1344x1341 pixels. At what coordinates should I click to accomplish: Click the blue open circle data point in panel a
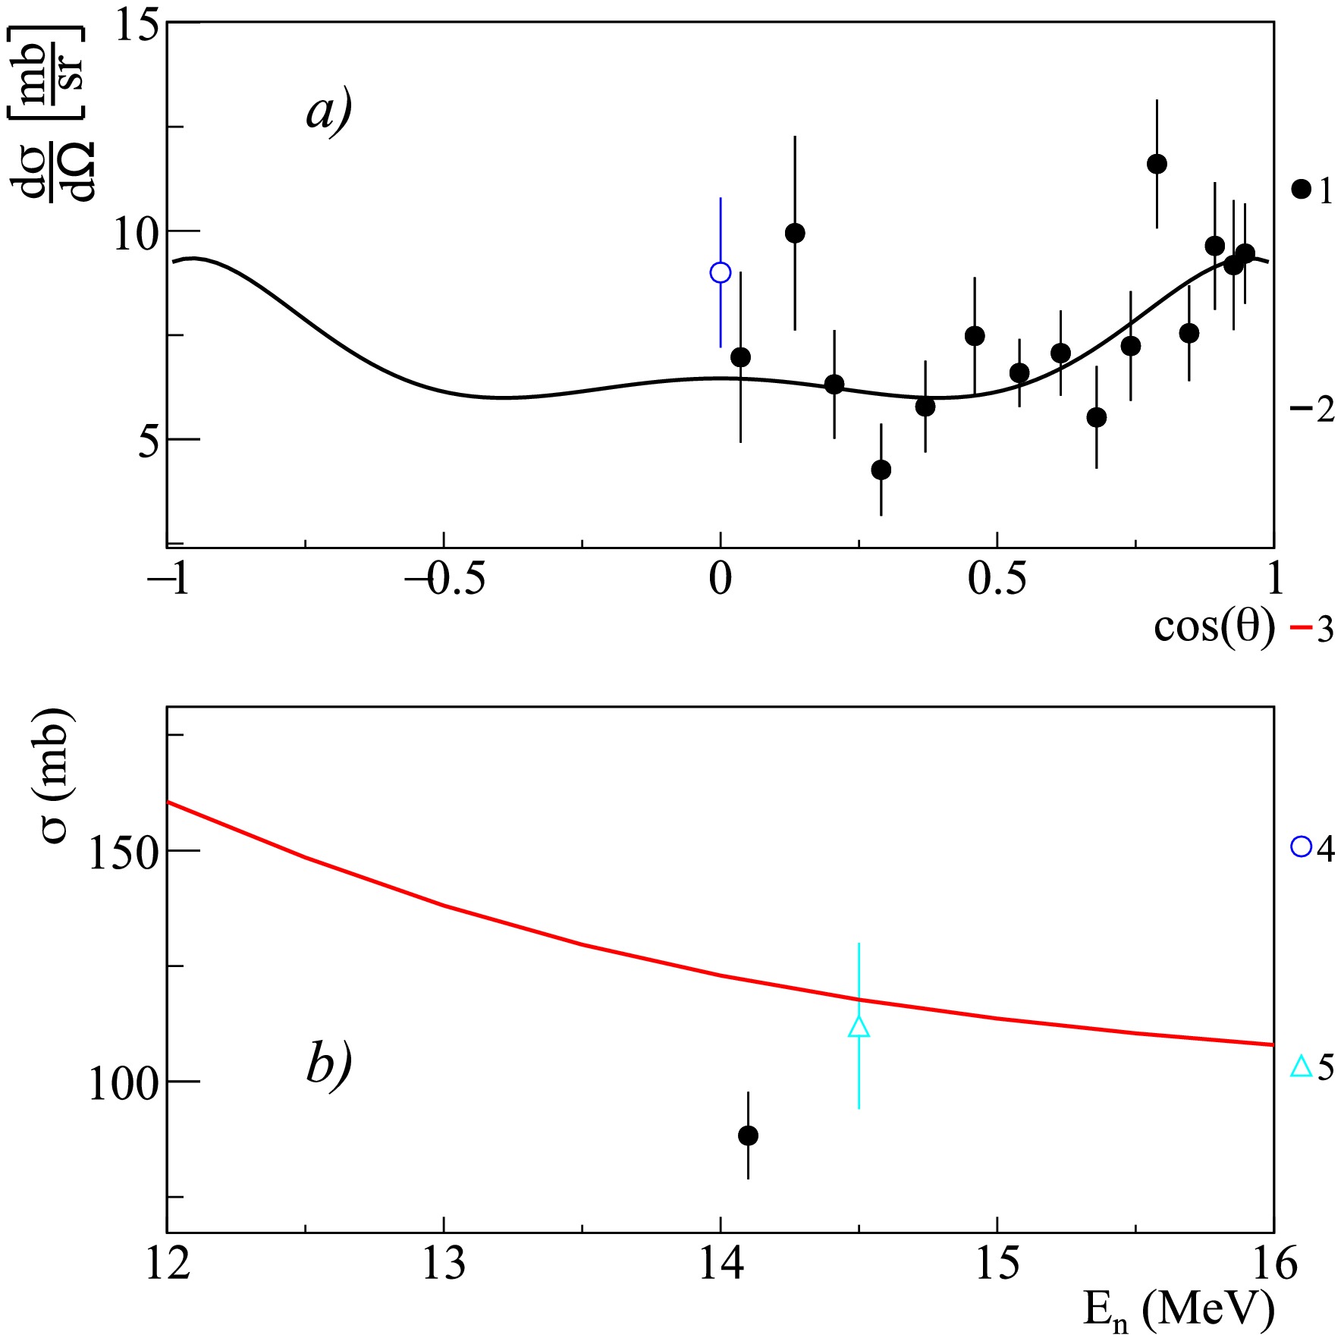[x=720, y=272]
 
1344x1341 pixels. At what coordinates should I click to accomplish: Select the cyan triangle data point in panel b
[x=859, y=1027]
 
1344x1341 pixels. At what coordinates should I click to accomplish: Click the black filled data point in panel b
[x=748, y=1135]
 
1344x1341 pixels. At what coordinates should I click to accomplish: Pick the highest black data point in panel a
[x=1157, y=164]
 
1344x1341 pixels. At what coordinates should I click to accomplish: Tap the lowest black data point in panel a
[x=881, y=470]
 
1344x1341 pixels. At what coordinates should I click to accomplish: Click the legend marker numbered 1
[x=1301, y=190]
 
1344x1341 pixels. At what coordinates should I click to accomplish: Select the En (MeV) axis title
[x=1179, y=1309]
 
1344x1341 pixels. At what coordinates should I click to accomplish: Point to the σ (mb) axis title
[x=55, y=775]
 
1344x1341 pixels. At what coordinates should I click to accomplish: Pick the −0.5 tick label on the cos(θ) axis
[x=444, y=579]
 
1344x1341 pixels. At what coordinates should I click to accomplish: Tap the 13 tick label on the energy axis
[x=444, y=1264]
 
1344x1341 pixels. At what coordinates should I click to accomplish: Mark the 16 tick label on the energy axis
[x=1274, y=1264]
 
